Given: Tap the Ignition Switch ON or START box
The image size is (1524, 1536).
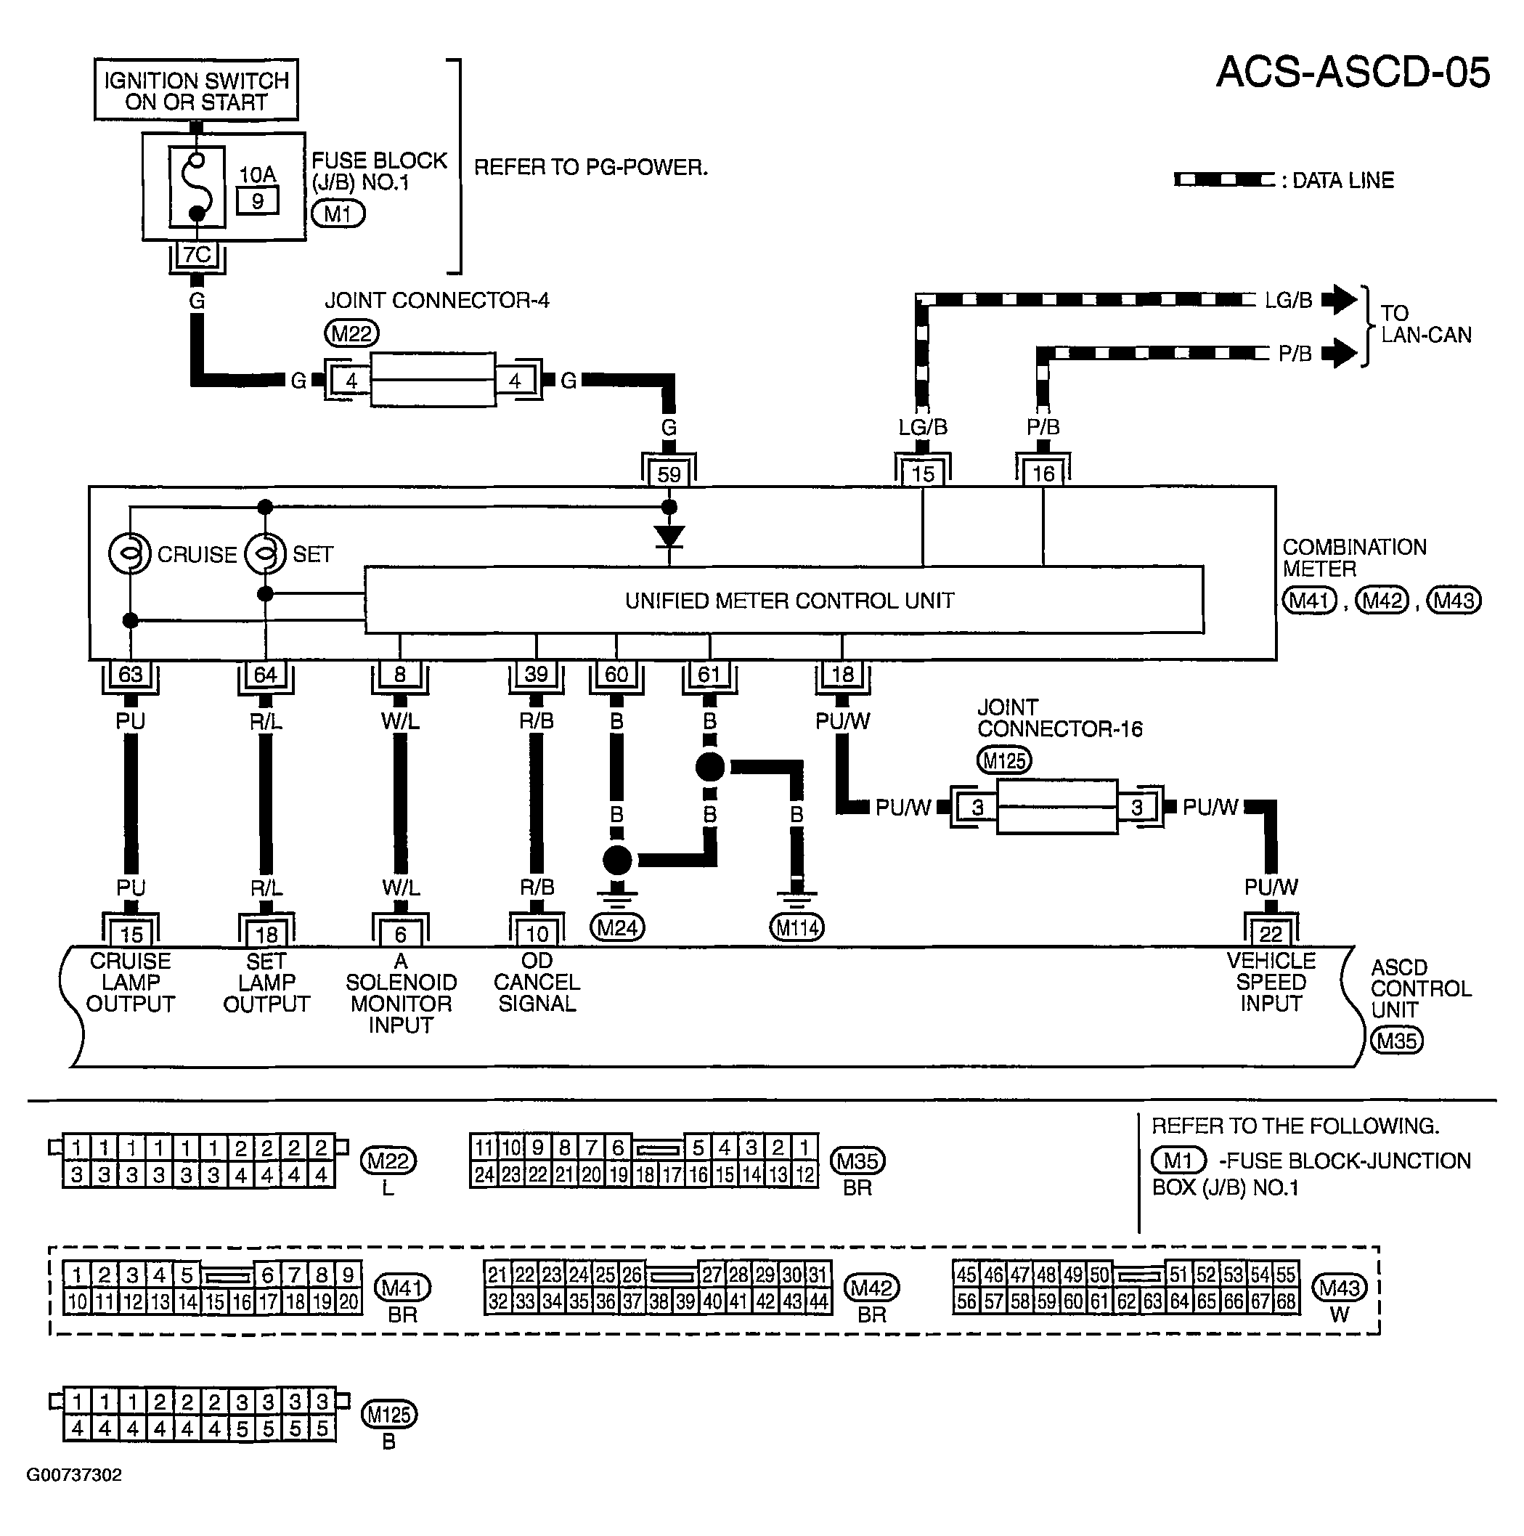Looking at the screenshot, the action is (196, 90).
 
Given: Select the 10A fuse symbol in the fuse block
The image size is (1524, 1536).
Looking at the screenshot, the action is (196, 187).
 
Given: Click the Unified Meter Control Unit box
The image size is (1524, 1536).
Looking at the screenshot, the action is (784, 601).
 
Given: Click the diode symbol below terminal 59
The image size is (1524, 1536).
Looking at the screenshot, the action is (669, 537).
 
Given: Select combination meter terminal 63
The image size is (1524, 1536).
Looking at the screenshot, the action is (131, 674).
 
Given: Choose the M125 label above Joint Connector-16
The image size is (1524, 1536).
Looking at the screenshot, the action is (1004, 761).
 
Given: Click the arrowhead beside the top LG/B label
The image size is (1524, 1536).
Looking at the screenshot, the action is (1340, 300).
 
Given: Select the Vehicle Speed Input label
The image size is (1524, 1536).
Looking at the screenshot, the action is (1271, 982).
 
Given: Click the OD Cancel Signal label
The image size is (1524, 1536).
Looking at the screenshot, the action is (537, 982).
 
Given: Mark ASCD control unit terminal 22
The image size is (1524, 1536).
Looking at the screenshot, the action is (1271, 933).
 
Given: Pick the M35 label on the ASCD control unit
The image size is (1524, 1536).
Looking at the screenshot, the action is (1397, 1041).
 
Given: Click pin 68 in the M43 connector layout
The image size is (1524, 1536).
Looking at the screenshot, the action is (1287, 1301).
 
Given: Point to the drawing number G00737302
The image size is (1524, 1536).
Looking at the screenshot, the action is (75, 1475).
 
